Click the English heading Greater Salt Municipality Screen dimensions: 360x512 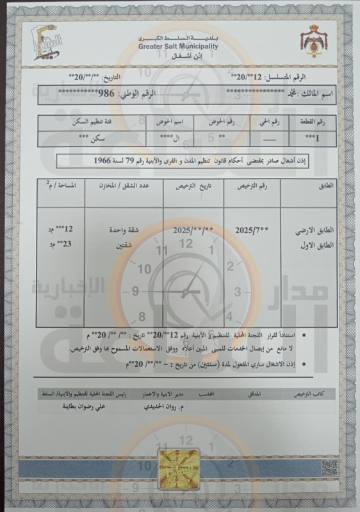pyautogui.click(x=177, y=47)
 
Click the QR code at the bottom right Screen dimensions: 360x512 pyautogui.click(x=329, y=468)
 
